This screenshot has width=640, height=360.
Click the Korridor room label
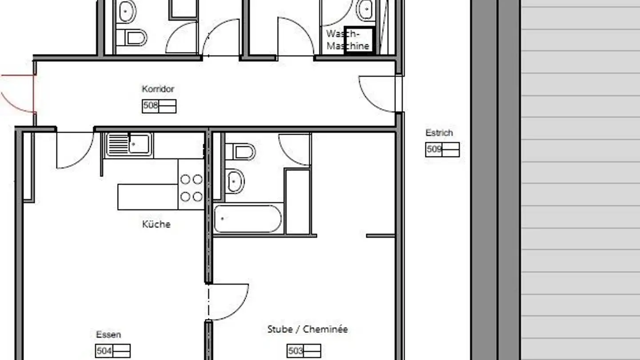pyautogui.click(x=158, y=89)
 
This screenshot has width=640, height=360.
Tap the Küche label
pyautogui.click(x=156, y=224)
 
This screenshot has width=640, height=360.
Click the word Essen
pyautogui.click(x=108, y=335)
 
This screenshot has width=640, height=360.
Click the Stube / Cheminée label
pyautogui.click(x=308, y=329)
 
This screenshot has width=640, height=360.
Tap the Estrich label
pyautogui.click(x=439, y=132)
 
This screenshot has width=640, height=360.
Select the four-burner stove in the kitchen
pyautogui.click(x=191, y=188)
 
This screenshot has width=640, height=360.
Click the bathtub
pyautogui.click(x=248, y=218)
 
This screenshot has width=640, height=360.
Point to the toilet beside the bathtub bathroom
pyautogui.click(x=240, y=152)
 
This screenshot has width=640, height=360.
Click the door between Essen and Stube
pyautogui.click(x=228, y=302)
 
